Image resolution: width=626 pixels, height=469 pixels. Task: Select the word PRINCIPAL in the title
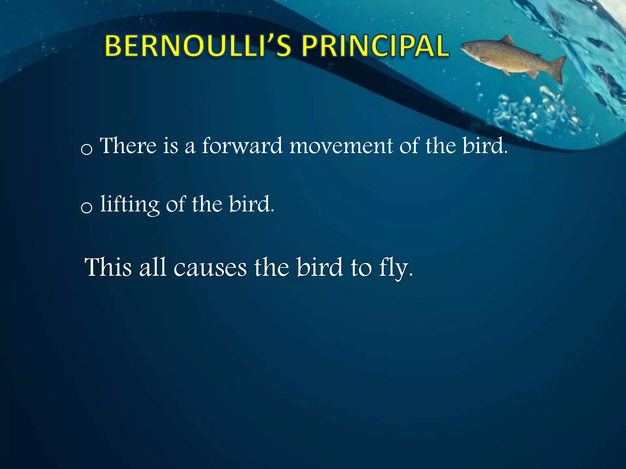[375, 46]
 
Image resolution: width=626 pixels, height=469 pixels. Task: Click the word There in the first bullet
[129, 146]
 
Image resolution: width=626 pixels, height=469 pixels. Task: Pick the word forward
[242, 146]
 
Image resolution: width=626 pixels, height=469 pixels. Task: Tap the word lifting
[130, 204]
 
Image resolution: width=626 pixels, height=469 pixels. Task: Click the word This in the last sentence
[108, 267]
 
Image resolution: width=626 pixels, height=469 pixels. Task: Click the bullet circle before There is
[87, 149]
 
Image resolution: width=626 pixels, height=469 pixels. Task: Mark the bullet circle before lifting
[87, 208]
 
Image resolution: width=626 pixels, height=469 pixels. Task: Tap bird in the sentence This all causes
[320, 267]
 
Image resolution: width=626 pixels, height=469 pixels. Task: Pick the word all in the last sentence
[153, 267]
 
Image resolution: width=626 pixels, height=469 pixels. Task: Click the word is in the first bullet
[170, 146]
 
